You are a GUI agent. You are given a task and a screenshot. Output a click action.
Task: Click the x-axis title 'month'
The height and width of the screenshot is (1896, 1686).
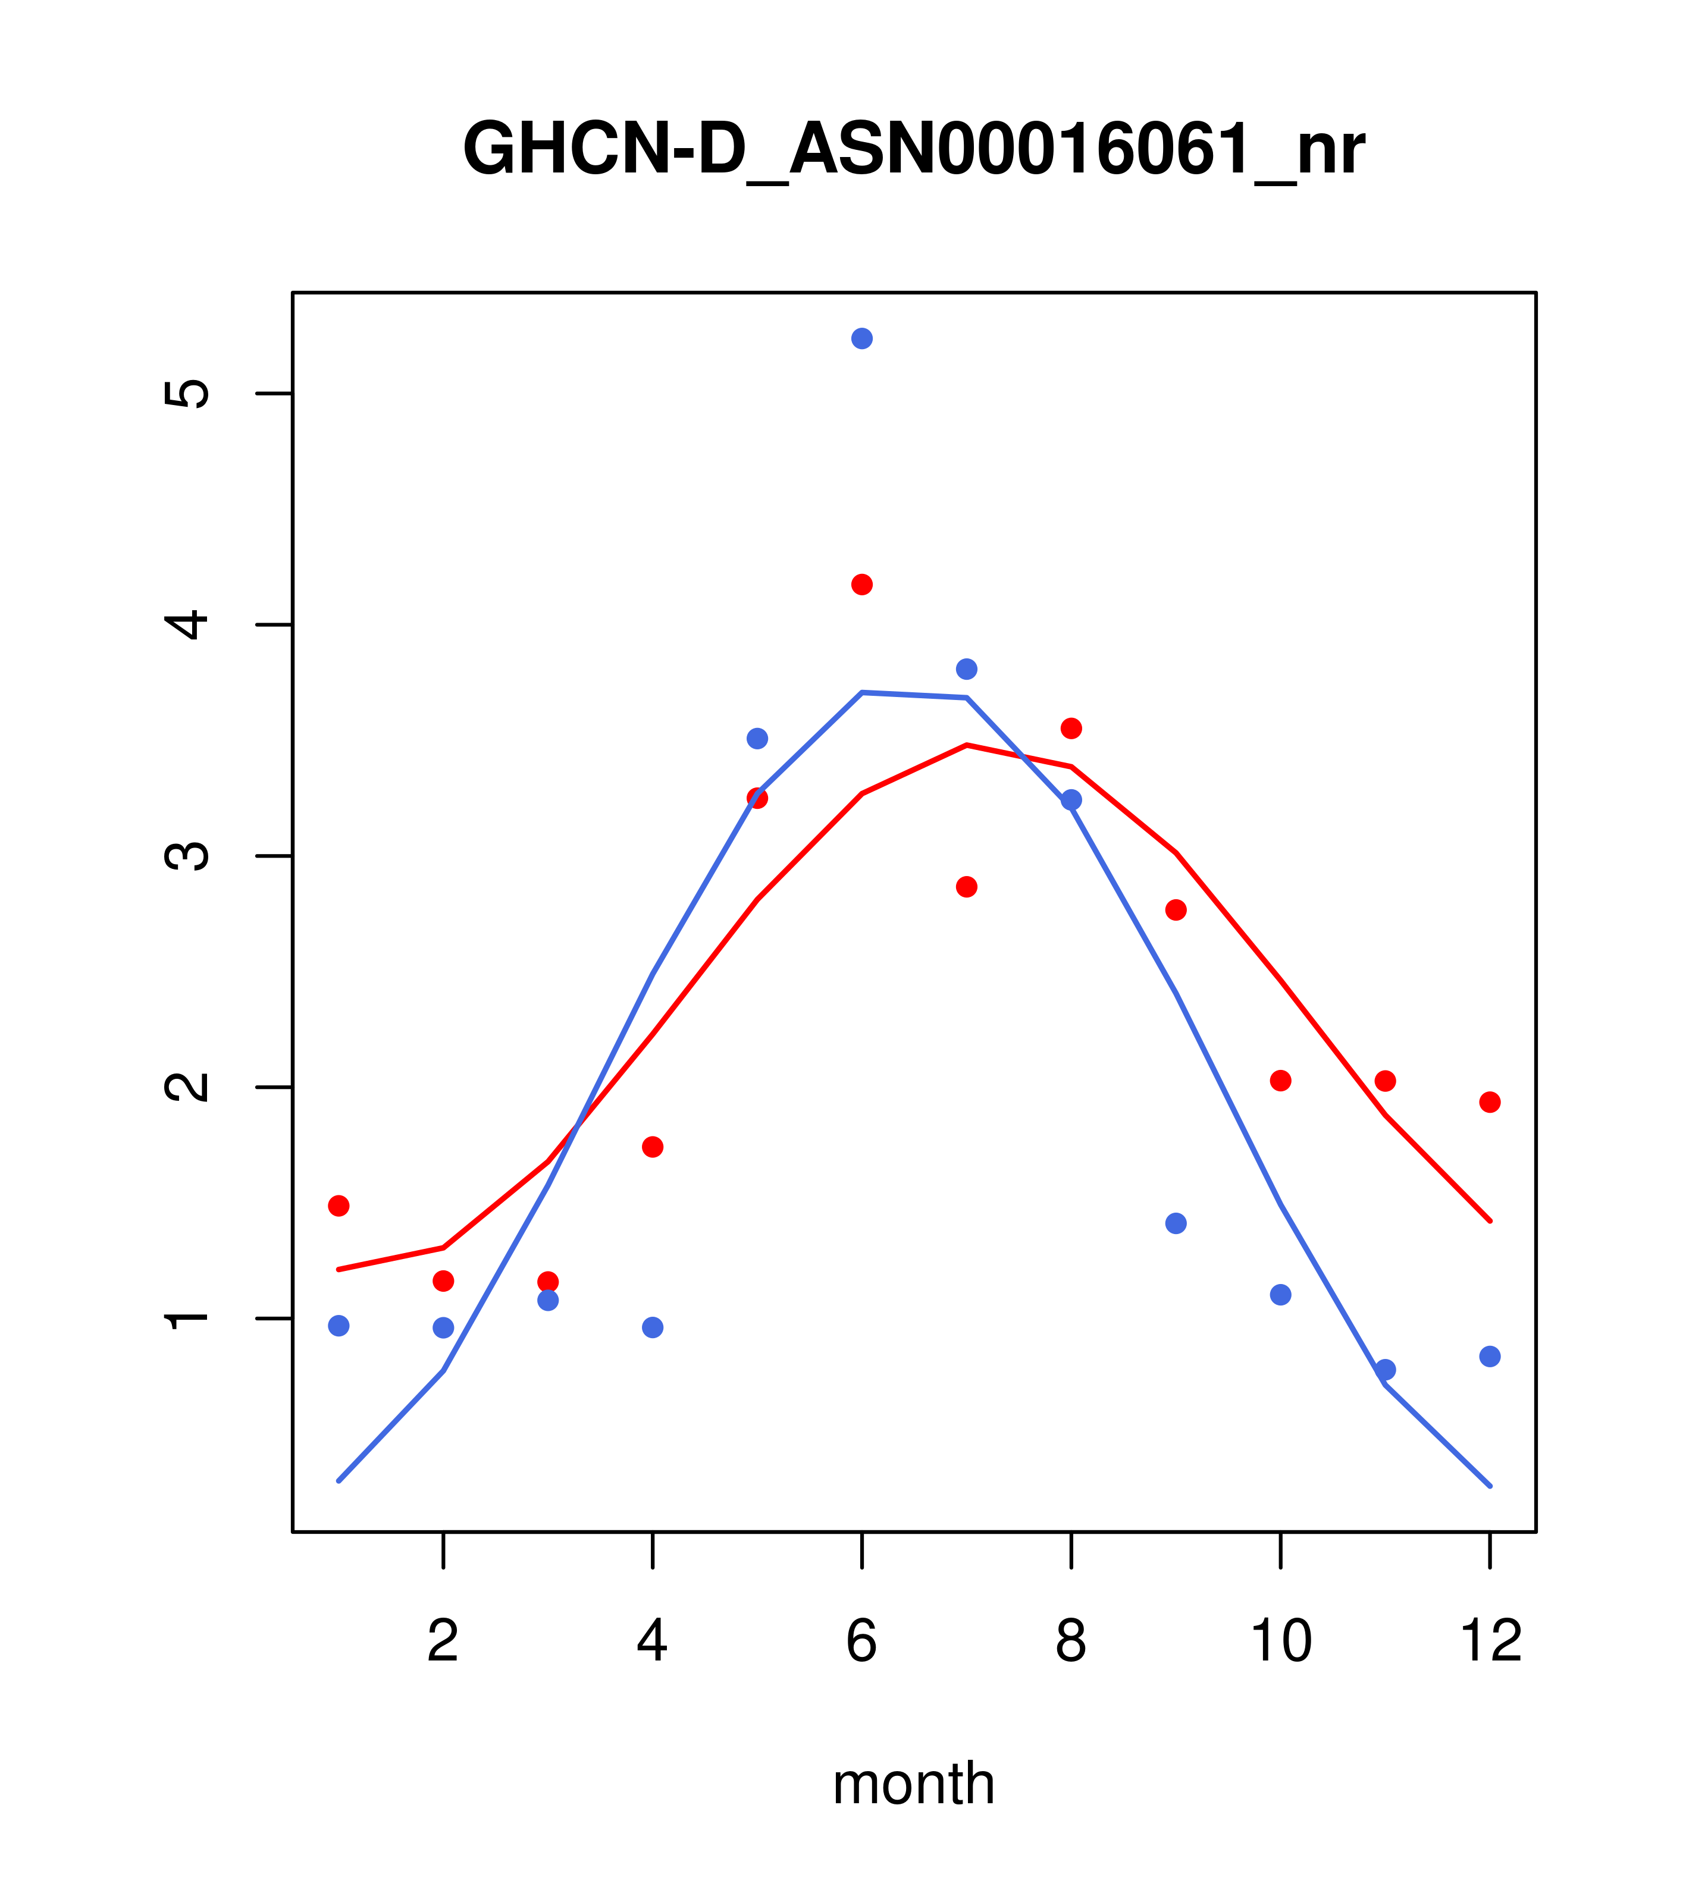[913, 1783]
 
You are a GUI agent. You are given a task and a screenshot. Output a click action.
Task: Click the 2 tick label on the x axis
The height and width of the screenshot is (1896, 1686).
[444, 1641]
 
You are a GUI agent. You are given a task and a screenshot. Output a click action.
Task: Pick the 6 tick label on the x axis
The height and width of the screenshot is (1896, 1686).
[862, 1641]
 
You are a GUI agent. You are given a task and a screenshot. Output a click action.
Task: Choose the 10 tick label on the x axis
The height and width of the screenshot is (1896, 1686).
[1280, 1641]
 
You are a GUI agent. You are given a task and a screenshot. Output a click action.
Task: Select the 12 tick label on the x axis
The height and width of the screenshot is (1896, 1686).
[1490, 1641]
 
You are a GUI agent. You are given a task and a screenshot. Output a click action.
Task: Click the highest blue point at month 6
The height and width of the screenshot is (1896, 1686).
[862, 338]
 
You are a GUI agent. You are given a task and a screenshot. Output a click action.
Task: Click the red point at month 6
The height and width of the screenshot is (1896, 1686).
[862, 585]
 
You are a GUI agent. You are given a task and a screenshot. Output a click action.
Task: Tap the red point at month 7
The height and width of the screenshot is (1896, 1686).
[967, 887]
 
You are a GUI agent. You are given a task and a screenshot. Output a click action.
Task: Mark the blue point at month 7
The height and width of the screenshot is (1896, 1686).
[967, 669]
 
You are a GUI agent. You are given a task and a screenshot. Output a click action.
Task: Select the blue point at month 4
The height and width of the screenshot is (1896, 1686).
[653, 1327]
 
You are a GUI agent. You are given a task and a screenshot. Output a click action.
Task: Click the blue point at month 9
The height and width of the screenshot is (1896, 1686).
[1176, 1223]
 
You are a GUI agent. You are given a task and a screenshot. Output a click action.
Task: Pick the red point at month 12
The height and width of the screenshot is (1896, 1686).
[1490, 1102]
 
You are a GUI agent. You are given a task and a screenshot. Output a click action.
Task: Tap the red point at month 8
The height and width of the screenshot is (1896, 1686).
[1071, 728]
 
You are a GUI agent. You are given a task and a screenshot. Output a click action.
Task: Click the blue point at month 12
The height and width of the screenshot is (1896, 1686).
[1490, 1356]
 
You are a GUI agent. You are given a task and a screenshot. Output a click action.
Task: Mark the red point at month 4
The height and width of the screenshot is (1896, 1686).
[653, 1147]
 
